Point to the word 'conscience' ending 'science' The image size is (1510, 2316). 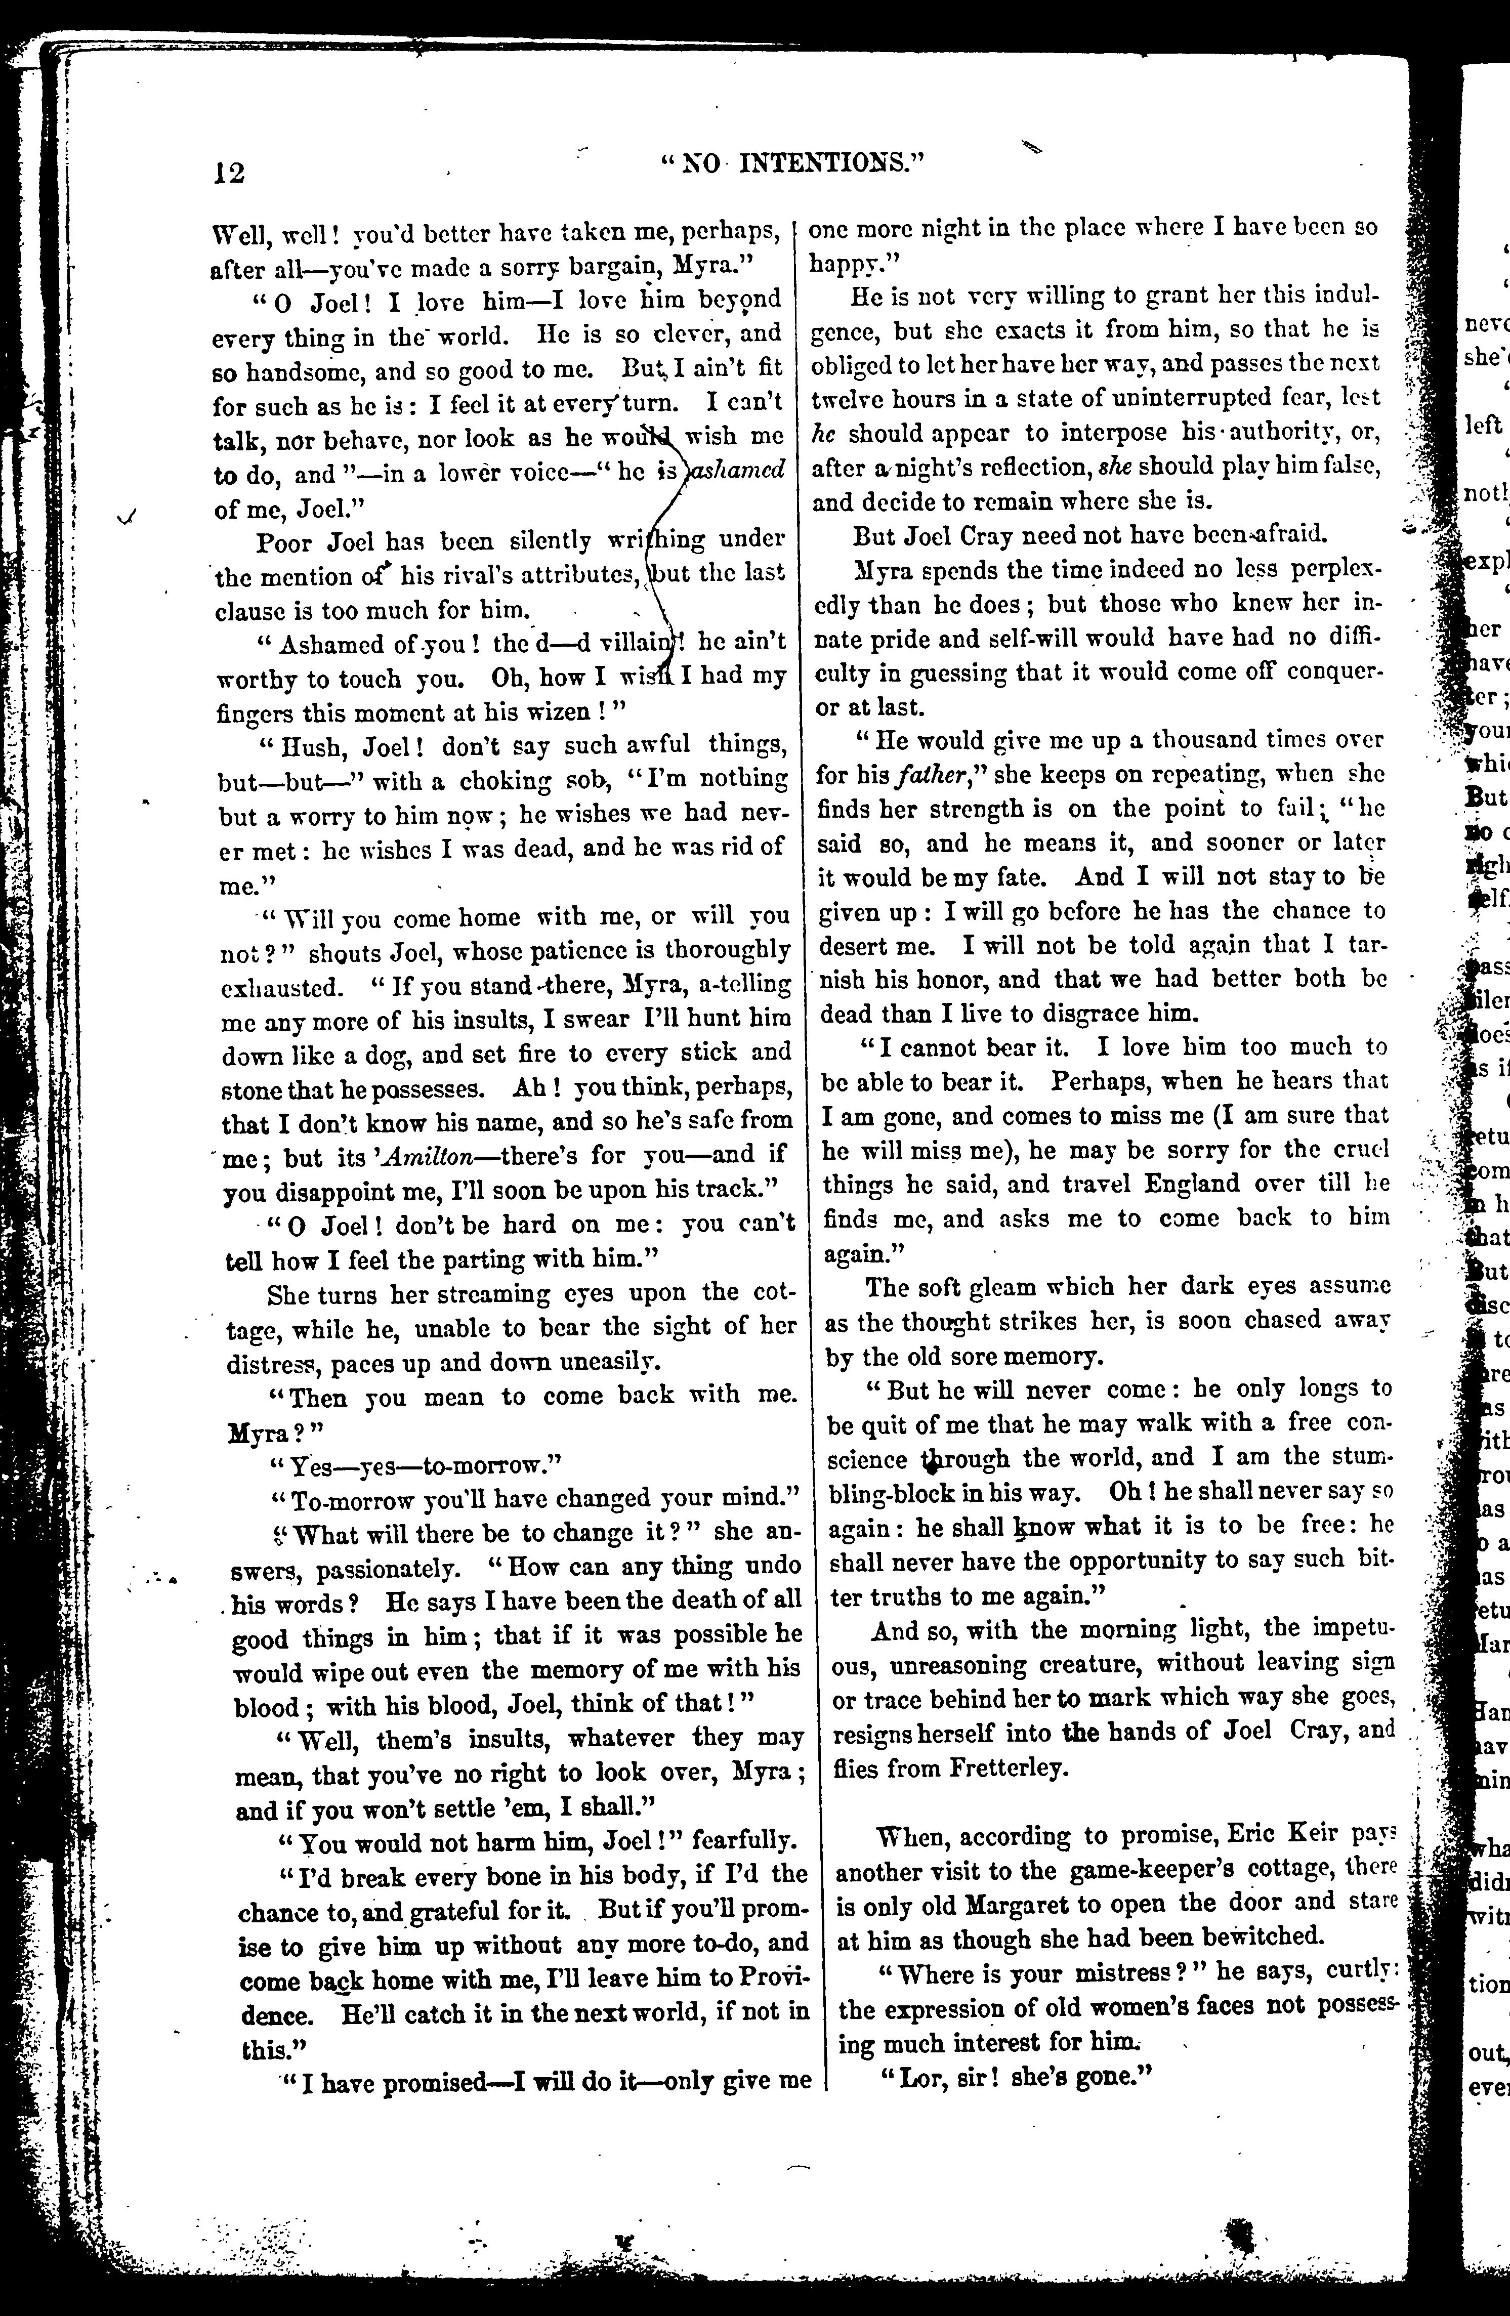(x=869, y=1458)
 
